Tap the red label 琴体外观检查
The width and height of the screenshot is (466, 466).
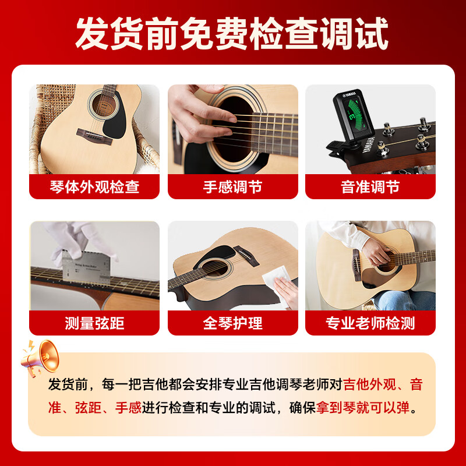(x=94, y=187)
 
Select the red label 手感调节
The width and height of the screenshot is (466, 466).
(x=232, y=187)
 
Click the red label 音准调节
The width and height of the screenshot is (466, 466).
(x=370, y=187)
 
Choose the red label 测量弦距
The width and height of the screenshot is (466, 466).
(x=94, y=323)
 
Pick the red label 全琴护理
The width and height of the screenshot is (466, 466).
(x=232, y=323)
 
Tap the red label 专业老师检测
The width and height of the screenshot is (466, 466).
(x=370, y=323)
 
